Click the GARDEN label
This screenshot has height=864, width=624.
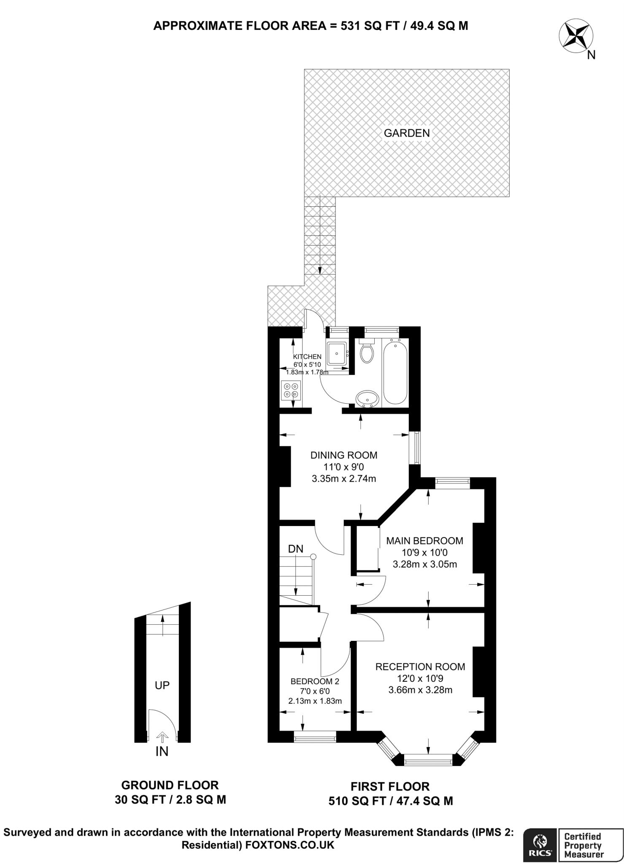[x=407, y=133]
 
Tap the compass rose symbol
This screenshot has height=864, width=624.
[x=575, y=38]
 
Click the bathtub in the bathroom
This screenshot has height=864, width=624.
[x=395, y=373]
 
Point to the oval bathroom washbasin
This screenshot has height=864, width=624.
[x=367, y=398]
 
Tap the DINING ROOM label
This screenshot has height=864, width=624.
[x=344, y=455]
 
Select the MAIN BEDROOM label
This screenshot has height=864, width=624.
[x=424, y=541]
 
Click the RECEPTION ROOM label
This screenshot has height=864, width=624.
[x=420, y=667]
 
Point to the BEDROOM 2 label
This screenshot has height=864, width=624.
[x=315, y=681]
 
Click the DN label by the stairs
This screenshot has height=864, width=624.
[x=296, y=549]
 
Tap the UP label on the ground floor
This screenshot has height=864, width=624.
[x=162, y=686]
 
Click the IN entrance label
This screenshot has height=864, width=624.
[x=162, y=751]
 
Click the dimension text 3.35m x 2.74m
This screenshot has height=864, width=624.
[x=344, y=479]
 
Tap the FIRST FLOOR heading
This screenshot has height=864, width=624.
[x=390, y=787]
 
